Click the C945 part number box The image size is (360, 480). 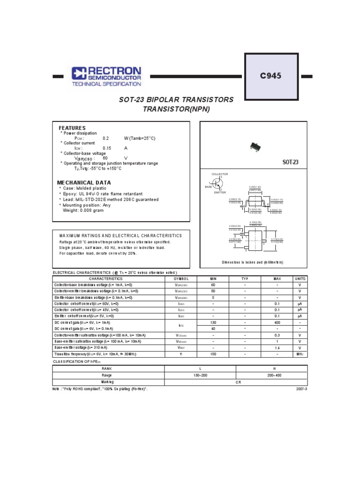click(x=271, y=76)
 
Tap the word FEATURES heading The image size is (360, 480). click(x=72, y=128)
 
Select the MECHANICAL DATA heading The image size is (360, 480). click(x=84, y=182)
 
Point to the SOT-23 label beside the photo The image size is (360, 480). click(x=290, y=162)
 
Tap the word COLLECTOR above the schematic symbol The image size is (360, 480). click(x=219, y=174)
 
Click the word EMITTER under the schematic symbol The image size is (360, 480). click(x=220, y=193)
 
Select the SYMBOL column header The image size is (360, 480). click(x=181, y=278)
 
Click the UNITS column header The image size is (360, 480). click(x=300, y=278)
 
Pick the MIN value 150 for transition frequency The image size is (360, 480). click(x=213, y=354)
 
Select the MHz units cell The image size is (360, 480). click(x=300, y=354)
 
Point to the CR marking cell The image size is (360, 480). click(x=236, y=382)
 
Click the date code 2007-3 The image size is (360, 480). click(x=301, y=389)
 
